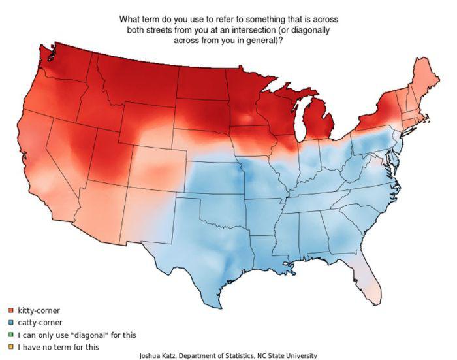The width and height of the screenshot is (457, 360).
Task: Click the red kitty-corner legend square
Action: tap(11, 310)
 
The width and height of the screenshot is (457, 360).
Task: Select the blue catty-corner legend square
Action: tap(11, 323)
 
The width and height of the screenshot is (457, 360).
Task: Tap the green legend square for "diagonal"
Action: tap(11, 335)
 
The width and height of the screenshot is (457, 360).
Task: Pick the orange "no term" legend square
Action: tap(11, 347)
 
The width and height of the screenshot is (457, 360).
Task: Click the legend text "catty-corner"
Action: tap(40, 323)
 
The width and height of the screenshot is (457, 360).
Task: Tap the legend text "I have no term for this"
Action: tap(58, 347)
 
